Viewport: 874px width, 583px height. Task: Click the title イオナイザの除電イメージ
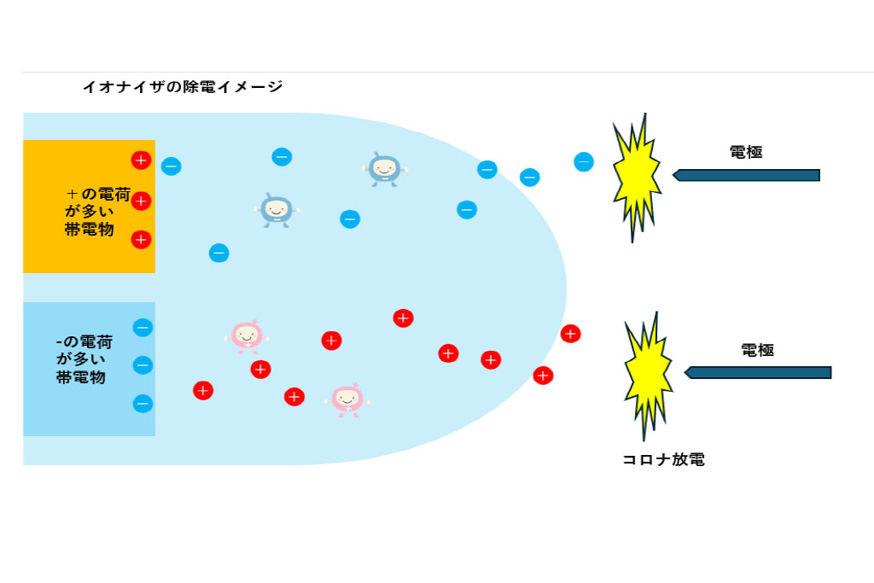pyautogui.click(x=182, y=86)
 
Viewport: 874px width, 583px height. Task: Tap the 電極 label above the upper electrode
pyautogui.click(x=746, y=152)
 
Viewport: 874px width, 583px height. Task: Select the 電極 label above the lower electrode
pyautogui.click(x=757, y=350)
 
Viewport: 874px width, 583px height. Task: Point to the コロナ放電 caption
pyautogui.click(x=663, y=460)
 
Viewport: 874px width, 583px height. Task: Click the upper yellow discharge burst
pyautogui.click(x=636, y=178)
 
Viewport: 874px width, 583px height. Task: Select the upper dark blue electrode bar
pyautogui.click(x=747, y=175)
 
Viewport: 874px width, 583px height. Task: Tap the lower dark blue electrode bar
pyautogui.click(x=758, y=372)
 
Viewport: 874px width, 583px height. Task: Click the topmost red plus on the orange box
pyautogui.click(x=141, y=160)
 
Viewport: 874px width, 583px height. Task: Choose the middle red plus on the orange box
pyautogui.click(x=141, y=201)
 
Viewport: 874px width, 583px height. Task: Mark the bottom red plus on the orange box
pyautogui.click(x=141, y=240)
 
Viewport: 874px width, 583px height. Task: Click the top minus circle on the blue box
pyautogui.click(x=143, y=327)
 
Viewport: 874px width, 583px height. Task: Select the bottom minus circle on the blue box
pyautogui.click(x=143, y=403)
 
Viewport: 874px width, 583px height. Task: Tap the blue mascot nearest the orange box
pyautogui.click(x=277, y=209)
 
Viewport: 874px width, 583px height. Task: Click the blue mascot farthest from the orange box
pyautogui.click(x=385, y=169)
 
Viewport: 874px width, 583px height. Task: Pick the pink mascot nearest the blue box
pyautogui.click(x=247, y=335)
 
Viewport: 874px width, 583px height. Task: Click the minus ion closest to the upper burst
pyautogui.click(x=584, y=161)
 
